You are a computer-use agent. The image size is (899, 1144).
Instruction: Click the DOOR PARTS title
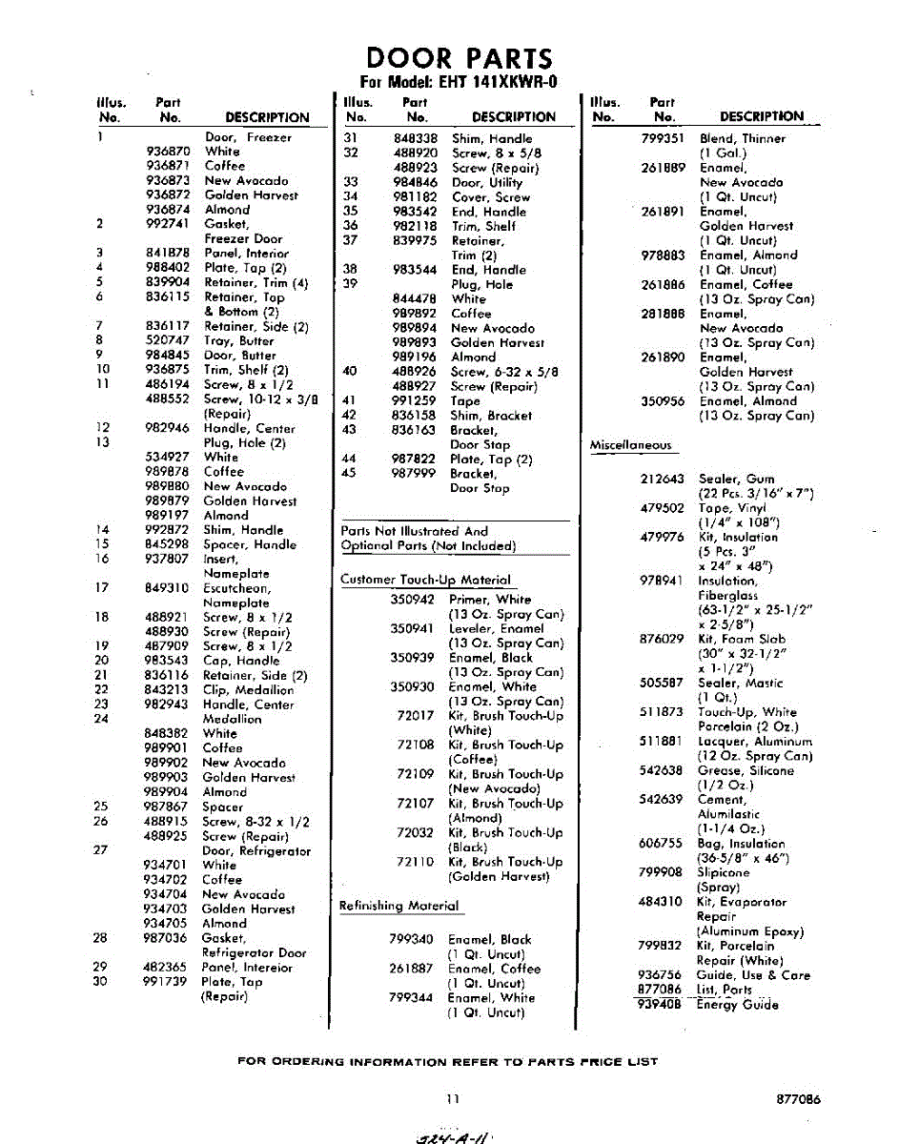[x=459, y=59]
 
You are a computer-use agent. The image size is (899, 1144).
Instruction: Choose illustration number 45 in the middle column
[x=349, y=474]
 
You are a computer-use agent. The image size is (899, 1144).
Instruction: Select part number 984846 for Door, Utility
[x=415, y=182]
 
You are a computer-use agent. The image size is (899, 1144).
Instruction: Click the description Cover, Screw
[x=491, y=197]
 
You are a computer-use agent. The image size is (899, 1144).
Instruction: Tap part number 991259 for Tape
[x=415, y=401]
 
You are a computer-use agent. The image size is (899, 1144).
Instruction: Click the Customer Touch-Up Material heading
[x=425, y=580]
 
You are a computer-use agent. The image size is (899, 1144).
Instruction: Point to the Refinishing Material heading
[x=398, y=906]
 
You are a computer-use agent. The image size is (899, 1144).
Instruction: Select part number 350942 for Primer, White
[x=412, y=600]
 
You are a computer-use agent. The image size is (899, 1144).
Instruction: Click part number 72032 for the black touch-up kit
[x=415, y=832]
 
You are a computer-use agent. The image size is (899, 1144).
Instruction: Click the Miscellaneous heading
[x=630, y=445]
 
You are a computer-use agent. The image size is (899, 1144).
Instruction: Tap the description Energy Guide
[x=737, y=1005]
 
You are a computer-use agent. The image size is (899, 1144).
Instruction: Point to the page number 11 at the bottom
[x=454, y=1099]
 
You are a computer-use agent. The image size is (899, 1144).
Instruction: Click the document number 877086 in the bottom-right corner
[x=799, y=1099]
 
